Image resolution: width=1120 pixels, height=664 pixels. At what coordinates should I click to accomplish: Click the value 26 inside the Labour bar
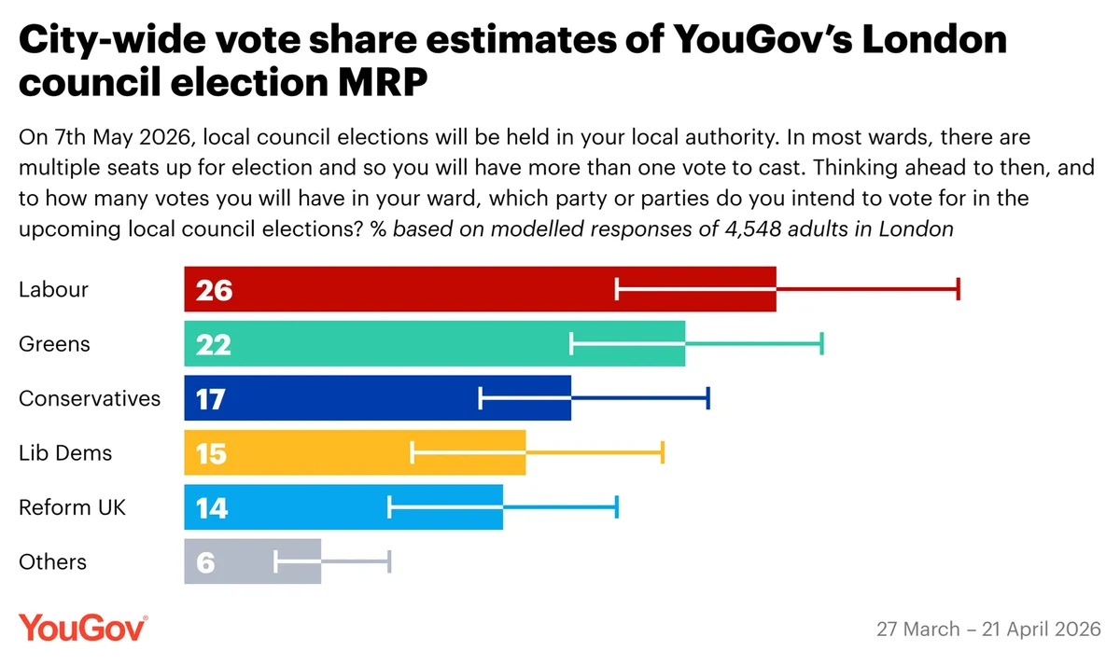pos(214,291)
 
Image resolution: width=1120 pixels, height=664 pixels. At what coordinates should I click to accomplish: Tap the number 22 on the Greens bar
pos(214,345)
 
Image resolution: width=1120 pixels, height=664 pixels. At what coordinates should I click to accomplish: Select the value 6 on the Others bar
pos(205,562)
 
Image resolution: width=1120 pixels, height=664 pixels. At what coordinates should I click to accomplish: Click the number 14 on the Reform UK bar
pos(212,508)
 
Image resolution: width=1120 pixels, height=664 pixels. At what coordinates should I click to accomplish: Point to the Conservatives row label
pos(90,399)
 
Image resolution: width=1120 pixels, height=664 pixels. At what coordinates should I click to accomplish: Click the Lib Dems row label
pos(65,453)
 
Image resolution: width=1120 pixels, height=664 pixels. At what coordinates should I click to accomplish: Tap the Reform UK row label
pos(72,507)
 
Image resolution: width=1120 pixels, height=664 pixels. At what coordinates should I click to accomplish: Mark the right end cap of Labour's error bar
pos(958,290)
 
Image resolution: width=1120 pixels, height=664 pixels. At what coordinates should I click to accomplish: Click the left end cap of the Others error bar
pos(276,561)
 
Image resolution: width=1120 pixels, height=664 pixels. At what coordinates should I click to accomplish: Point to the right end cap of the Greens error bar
pos(821,344)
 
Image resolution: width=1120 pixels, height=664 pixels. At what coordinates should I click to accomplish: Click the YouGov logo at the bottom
pos(83,628)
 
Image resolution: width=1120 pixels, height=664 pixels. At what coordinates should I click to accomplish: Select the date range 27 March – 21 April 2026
pos(988,629)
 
